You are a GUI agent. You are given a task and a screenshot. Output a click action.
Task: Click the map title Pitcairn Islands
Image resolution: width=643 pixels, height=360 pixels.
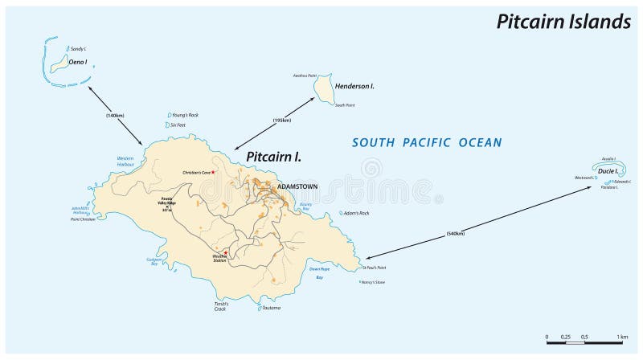pyautogui.click(x=562, y=22)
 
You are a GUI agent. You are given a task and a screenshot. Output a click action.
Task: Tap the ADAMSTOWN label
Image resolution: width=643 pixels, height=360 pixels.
pyautogui.click(x=297, y=186)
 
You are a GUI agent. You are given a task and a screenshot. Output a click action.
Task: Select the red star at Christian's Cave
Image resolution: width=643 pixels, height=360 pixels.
pyautogui.click(x=214, y=171)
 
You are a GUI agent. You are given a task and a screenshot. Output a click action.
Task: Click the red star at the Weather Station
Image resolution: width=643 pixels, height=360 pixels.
pyautogui.click(x=226, y=253)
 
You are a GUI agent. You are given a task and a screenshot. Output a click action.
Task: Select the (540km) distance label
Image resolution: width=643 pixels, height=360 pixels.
pyautogui.click(x=456, y=235)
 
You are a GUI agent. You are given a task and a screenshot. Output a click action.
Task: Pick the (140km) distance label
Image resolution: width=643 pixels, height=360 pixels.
pyautogui.click(x=115, y=116)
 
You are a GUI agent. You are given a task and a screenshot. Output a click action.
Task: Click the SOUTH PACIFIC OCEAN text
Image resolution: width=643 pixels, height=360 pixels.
pyautogui.click(x=428, y=142)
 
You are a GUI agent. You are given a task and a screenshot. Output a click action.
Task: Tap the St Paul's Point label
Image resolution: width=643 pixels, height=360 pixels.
pyautogui.click(x=375, y=267)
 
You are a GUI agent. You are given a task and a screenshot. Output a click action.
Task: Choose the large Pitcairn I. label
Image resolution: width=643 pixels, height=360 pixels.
pyautogui.click(x=273, y=156)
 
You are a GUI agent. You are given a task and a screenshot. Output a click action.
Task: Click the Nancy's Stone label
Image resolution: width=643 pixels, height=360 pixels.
pyautogui.click(x=375, y=282)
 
